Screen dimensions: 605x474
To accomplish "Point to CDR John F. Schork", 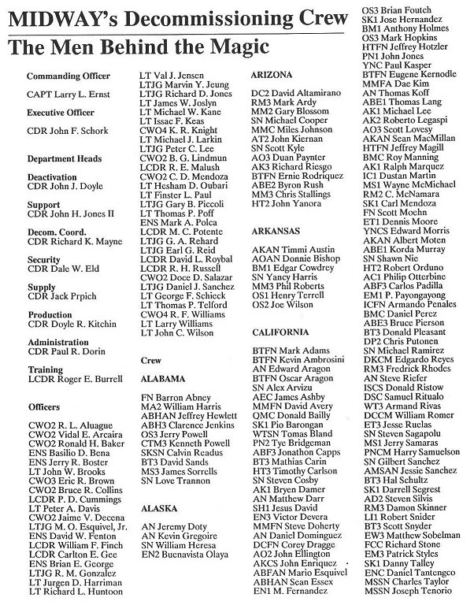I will pos(65,132).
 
